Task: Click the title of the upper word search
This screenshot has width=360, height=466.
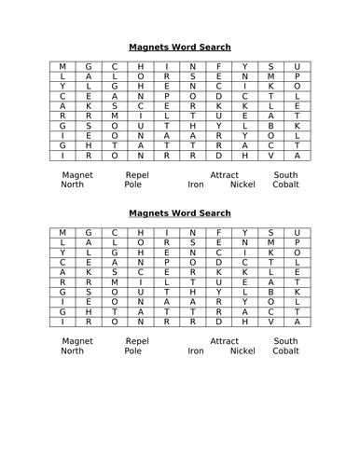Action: pos(179,47)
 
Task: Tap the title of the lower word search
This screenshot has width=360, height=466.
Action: pos(179,213)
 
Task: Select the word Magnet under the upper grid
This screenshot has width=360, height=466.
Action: pos(77,174)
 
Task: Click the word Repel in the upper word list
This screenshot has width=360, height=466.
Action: pos(136,174)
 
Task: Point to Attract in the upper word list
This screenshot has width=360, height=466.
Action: pos(225,174)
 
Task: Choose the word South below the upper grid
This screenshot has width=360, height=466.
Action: pos(285,174)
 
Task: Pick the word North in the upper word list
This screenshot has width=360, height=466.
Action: pos(72,185)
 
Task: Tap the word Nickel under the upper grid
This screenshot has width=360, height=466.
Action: pos(242,185)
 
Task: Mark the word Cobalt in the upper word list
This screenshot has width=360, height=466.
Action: pos(285,185)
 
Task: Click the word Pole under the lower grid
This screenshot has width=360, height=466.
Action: pos(133,351)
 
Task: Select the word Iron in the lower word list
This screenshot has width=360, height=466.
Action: pos(195,351)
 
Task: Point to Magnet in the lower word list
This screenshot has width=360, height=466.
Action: pos(77,341)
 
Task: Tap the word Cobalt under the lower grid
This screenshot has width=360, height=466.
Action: pos(285,351)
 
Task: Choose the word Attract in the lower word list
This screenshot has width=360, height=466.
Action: pos(225,341)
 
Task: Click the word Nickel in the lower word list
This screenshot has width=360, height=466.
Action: pos(242,351)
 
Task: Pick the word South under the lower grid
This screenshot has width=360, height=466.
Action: pos(285,341)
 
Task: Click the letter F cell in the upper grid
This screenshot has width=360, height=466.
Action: pos(218,67)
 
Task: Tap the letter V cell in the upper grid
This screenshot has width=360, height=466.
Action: pos(270,156)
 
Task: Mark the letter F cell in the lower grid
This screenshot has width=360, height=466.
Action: pos(218,234)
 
